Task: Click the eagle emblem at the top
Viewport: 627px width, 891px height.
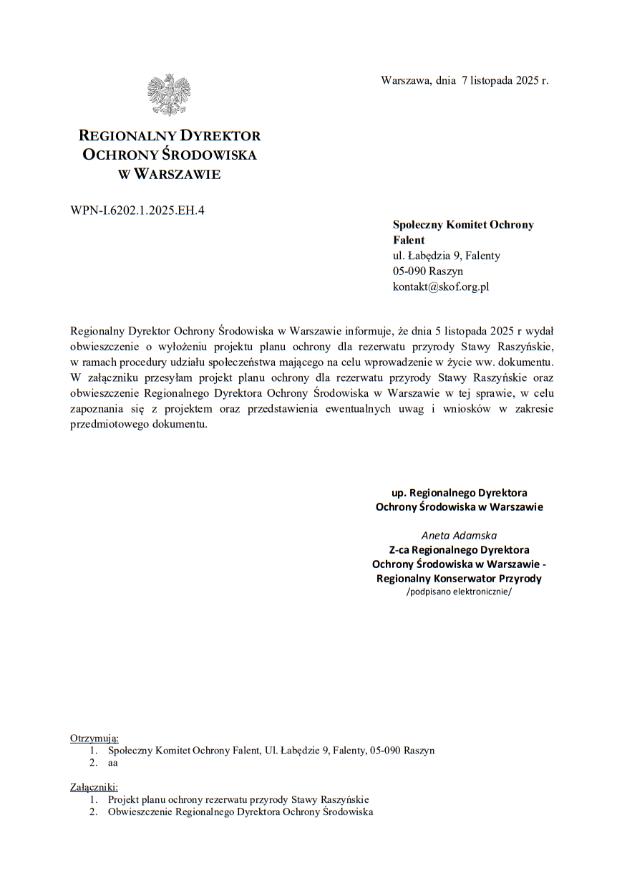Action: click(169, 95)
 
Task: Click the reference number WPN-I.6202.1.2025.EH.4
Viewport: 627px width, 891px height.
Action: click(137, 210)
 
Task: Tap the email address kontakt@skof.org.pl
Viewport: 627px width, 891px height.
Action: click(440, 286)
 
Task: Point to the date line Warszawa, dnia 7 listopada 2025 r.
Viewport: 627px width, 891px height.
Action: click(465, 80)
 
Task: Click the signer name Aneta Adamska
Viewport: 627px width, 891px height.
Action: click(459, 535)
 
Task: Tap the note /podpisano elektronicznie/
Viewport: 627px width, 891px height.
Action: click(459, 592)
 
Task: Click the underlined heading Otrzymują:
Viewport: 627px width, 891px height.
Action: click(94, 738)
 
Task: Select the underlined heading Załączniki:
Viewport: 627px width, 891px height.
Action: click(94, 786)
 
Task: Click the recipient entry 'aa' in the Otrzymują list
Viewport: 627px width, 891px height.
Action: click(112, 763)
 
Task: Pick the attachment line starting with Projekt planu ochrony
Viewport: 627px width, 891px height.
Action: click(238, 799)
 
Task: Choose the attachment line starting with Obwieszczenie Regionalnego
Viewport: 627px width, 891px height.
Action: click(240, 811)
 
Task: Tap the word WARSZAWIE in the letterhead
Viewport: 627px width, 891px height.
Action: click(177, 174)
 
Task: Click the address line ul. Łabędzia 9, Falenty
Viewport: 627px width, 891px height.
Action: click(446, 256)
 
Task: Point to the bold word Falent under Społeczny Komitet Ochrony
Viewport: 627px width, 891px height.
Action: click(409, 240)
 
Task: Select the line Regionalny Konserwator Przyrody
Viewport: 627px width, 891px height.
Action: click(459, 578)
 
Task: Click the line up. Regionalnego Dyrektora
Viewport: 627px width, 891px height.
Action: click(459, 493)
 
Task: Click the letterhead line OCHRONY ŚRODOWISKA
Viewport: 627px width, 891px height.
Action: click(169, 155)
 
